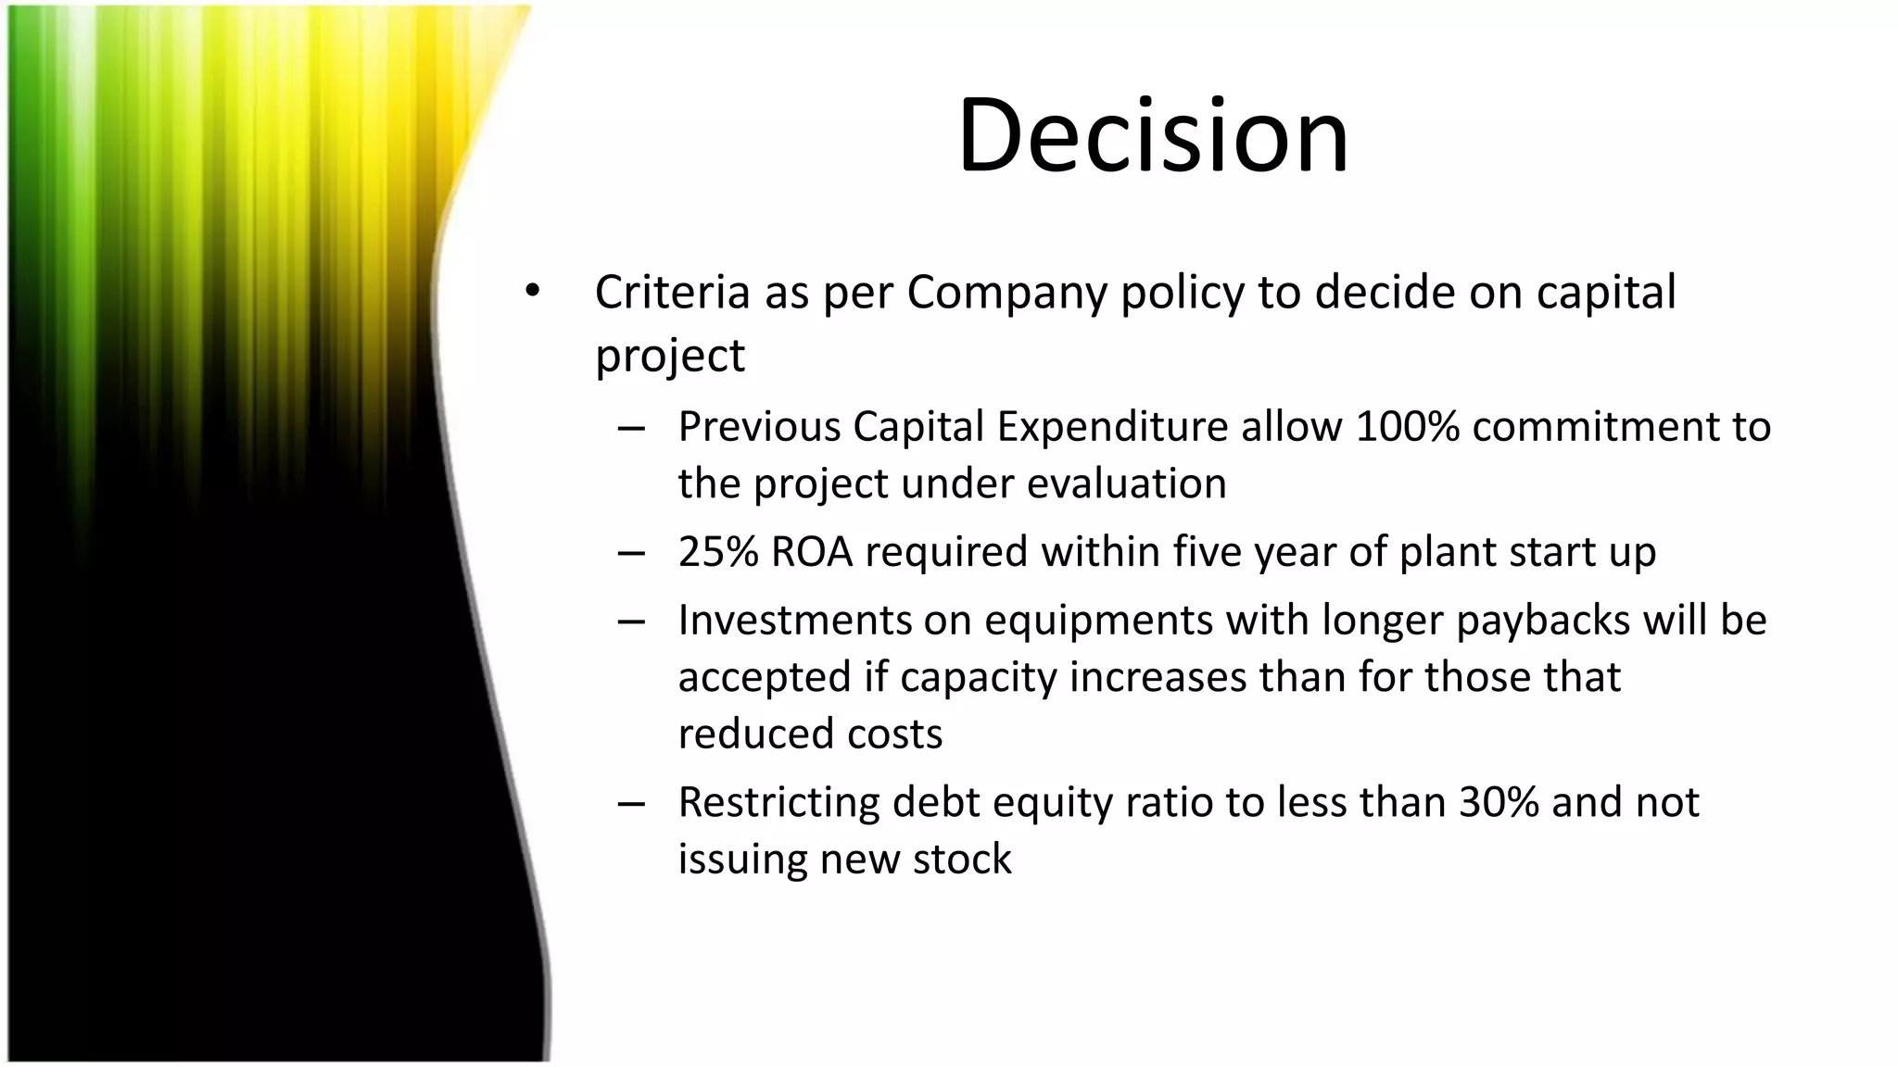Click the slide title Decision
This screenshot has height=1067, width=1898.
pyautogui.click(x=1153, y=135)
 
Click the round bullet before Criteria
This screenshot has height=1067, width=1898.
pyautogui.click(x=531, y=291)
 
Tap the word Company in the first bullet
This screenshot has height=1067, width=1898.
pyautogui.click(x=1007, y=293)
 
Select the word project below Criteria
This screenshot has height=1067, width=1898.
pyautogui.click(x=669, y=356)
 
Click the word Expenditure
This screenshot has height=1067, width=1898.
pyautogui.click(x=1112, y=427)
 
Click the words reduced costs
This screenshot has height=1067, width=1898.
pyautogui.click(x=810, y=734)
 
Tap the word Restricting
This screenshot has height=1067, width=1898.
pyautogui.click(x=778, y=802)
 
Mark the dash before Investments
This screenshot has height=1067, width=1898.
pyautogui.click(x=631, y=621)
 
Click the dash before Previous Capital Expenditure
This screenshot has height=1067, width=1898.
pyautogui.click(x=631, y=428)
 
